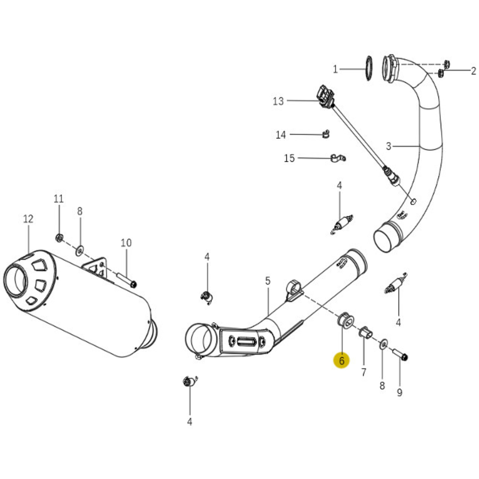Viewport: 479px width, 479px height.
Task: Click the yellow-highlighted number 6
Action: [x=342, y=361]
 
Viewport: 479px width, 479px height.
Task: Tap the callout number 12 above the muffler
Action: [x=28, y=219]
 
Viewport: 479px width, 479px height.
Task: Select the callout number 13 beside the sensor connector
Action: [x=278, y=101]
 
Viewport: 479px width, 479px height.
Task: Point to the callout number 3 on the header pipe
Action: [x=389, y=146]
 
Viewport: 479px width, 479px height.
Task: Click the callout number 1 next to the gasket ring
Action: [x=335, y=70]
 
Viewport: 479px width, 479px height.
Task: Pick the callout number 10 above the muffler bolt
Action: [x=126, y=243]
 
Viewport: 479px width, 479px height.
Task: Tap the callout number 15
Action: [x=289, y=158]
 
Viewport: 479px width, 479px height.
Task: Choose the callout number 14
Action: [x=281, y=135]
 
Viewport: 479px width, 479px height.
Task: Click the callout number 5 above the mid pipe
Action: [x=268, y=281]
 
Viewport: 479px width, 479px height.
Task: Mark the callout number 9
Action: [x=400, y=393]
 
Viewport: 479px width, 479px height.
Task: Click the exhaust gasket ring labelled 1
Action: [x=369, y=68]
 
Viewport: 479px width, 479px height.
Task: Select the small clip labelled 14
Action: [x=326, y=134]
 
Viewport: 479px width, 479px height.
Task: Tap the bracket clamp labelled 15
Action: [x=338, y=158]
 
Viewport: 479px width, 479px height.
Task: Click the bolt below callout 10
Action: [x=127, y=279]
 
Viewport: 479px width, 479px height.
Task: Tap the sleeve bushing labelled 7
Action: [x=365, y=333]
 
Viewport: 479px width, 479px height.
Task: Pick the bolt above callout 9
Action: [x=400, y=354]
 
